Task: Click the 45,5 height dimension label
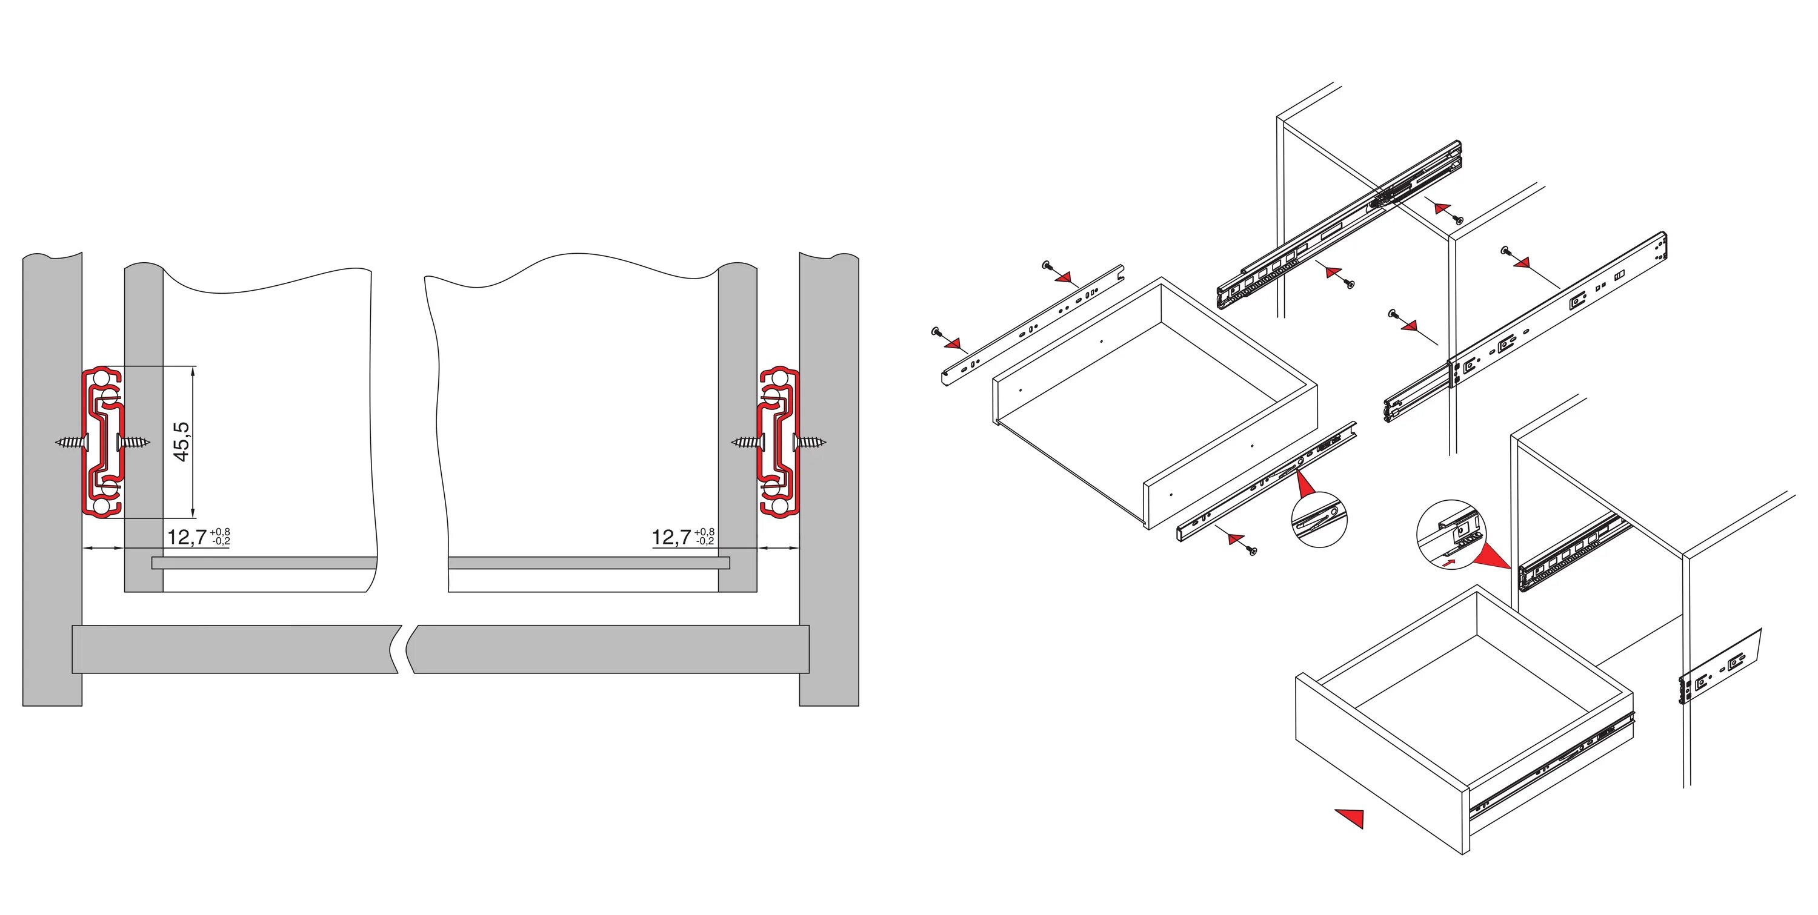click(x=181, y=441)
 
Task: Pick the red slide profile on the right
click(x=779, y=442)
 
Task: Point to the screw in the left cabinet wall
click(x=73, y=442)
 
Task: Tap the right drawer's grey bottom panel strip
click(x=588, y=563)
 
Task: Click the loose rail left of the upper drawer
click(x=1033, y=325)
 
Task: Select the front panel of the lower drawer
click(x=1382, y=764)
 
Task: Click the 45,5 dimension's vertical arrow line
click(x=193, y=442)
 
